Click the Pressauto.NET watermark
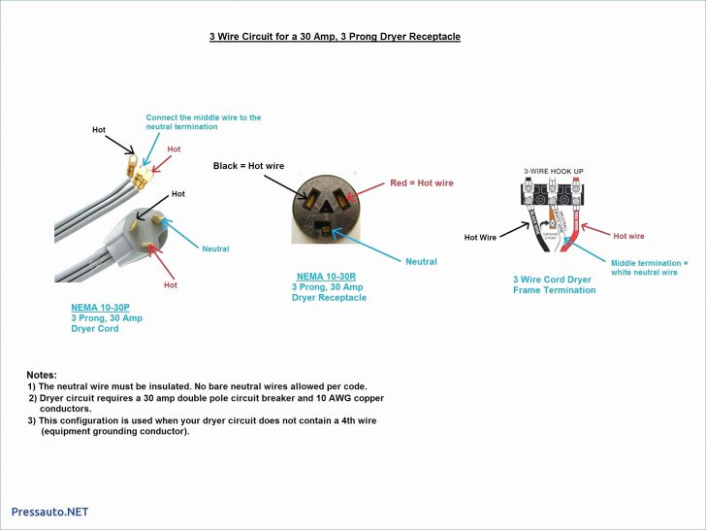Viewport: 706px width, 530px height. pyautogui.click(x=49, y=512)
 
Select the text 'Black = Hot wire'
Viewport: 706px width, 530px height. pyautogui.click(x=248, y=166)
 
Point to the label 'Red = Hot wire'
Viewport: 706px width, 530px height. pyautogui.click(x=421, y=182)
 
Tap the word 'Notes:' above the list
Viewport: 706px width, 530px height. pyautogui.click(x=42, y=375)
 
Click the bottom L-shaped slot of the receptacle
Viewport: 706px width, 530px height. pyautogui.click(x=323, y=228)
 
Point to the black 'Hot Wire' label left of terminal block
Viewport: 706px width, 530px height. pyautogui.click(x=480, y=237)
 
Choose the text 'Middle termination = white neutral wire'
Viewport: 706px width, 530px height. pyautogui.click(x=649, y=267)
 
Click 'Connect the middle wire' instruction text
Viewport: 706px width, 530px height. pyautogui.click(x=203, y=122)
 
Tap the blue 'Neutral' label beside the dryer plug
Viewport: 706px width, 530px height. pyautogui.click(x=215, y=249)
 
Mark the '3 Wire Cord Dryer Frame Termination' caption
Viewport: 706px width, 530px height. pyautogui.click(x=554, y=284)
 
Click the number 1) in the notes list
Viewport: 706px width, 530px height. pyautogui.click(x=31, y=386)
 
